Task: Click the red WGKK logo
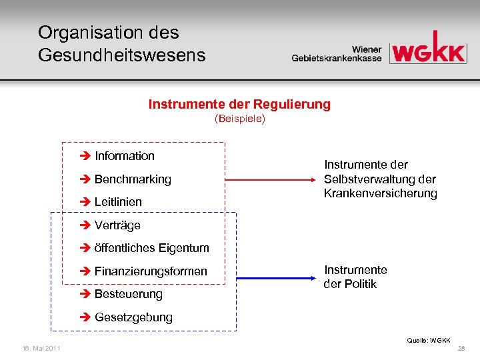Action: click(x=427, y=49)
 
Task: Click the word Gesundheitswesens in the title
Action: click(x=121, y=55)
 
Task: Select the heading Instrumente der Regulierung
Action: click(x=239, y=105)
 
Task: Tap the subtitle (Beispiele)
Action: click(x=239, y=119)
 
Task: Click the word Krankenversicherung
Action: click(x=380, y=194)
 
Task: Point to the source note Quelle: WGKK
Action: click(x=429, y=340)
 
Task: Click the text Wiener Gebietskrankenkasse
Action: click(x=337, y=54)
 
